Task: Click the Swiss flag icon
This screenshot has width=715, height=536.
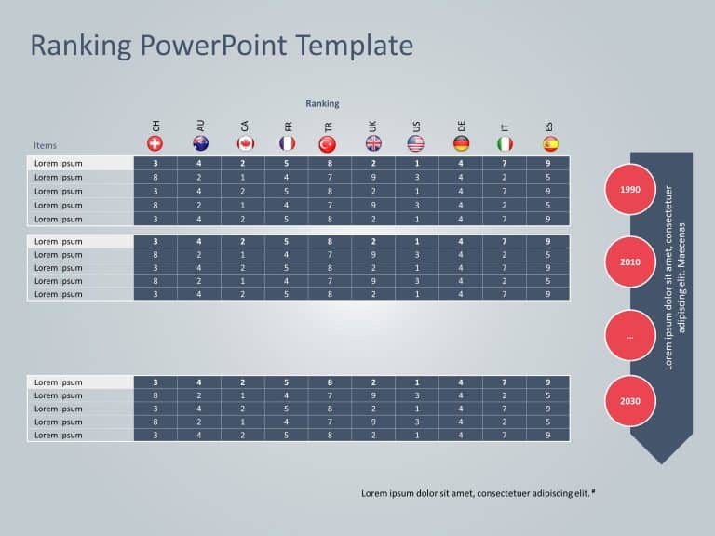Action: [x=155, y=143]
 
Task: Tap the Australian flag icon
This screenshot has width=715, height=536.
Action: [x=200, y=143]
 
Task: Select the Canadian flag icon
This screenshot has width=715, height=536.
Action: [x=246, y=143]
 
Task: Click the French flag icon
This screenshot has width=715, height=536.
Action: [x=288, y=143]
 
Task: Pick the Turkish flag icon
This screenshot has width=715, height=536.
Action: [x=328, y=143]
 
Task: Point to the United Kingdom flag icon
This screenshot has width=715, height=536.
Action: [x=373, y=143]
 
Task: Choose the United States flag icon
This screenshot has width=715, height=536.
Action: [x=416, y=143]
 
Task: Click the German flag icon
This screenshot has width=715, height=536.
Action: [x=462, y=143]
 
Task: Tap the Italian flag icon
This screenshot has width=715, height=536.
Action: [x=505, y=143]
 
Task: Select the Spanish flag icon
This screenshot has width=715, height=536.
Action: [x=550, y=143]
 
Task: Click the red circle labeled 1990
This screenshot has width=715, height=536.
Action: [x=630, y=190]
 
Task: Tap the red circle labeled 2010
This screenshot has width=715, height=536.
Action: [x=630, y=261]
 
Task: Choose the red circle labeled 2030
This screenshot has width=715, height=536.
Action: [x=630, y=401]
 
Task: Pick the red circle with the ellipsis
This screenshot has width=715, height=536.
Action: [x=630, y=336]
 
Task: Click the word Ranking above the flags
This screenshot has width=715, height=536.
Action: [x=322, y=104]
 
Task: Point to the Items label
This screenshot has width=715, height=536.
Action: [x=45, y=145]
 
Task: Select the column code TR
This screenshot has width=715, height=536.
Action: [x=328, y=126]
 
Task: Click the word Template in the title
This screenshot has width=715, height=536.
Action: [x=360, y=45]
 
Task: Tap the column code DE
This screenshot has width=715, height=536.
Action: [x=462, y=126]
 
